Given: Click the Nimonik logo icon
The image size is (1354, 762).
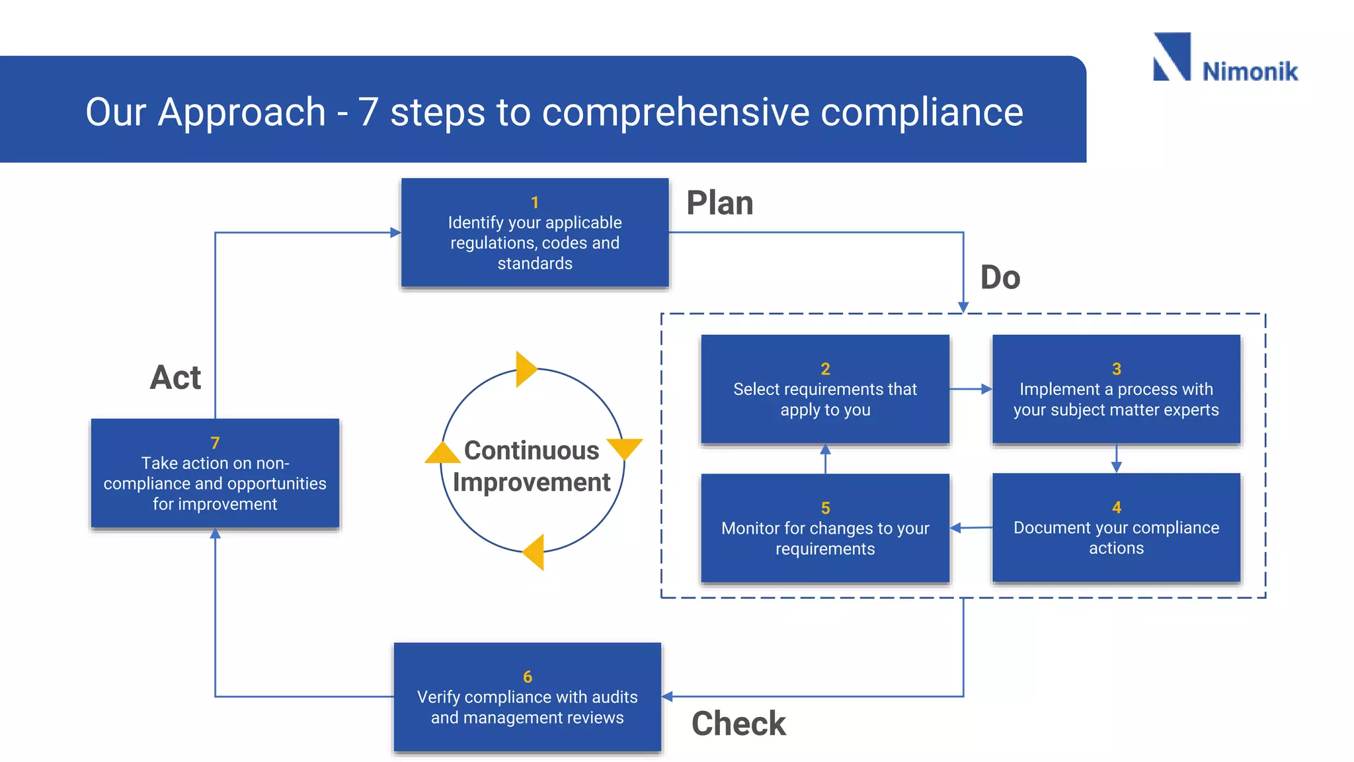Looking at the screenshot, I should click(1172, 57).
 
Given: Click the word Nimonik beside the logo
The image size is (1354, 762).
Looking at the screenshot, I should click(1250, 71).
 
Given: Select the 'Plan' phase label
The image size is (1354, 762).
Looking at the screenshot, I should click(719, 203).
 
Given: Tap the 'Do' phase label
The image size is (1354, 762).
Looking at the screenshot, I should click(1000, 277).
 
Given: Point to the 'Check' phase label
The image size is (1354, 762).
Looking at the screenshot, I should click(738, 723).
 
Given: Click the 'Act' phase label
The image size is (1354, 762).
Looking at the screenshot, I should click(175, 378).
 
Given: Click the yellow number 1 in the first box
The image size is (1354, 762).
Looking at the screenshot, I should click(534, 202).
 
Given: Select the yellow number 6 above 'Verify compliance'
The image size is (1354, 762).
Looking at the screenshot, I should click(527, 677).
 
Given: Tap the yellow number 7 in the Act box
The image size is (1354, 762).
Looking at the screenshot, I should click(215, 443).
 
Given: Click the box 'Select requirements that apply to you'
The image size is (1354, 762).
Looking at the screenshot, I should click(824, 390).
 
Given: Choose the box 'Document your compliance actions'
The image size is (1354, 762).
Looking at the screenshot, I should click(1116, 528).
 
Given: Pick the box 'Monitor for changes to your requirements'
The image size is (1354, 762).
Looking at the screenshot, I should click(824, 529).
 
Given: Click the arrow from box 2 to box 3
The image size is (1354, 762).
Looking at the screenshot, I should click(971, 389).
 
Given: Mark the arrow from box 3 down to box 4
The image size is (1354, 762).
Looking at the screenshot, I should click(1116, 458).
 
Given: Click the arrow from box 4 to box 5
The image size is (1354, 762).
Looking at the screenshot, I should click(971, 528).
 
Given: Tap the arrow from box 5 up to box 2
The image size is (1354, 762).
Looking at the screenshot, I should click(825, 458).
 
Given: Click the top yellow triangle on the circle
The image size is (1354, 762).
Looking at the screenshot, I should click(525, 369).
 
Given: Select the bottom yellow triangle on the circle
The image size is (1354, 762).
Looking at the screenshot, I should click(535, 552).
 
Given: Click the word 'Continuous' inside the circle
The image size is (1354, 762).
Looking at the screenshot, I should click(531, 450).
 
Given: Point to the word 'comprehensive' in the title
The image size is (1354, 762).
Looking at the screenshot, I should click(675, 112).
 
